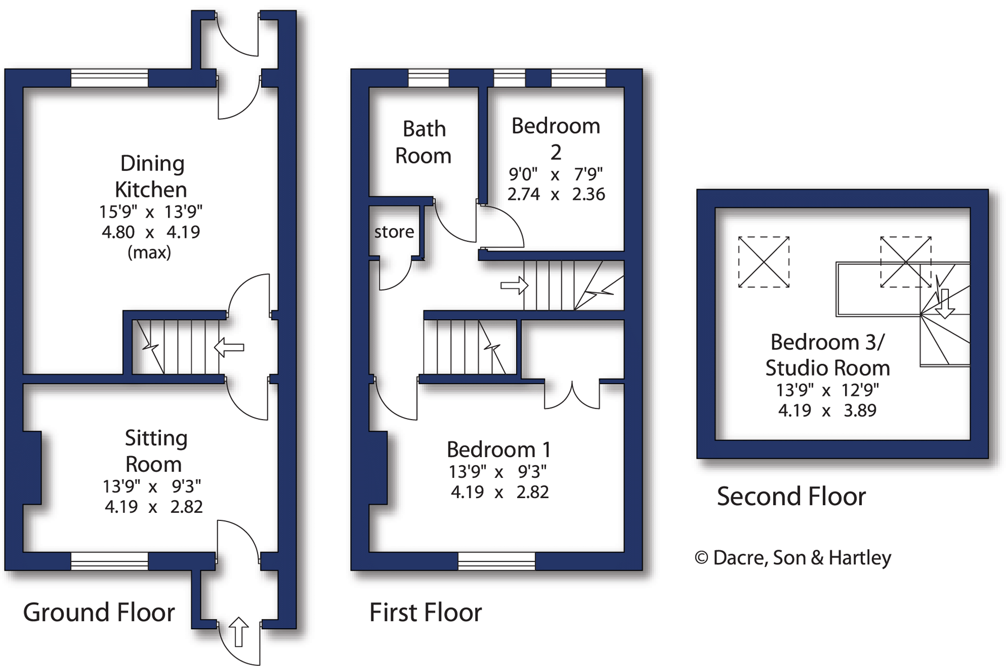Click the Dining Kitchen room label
point(151,177)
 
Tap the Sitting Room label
point(155,451)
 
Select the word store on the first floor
point(394,232)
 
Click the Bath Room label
point(424,142)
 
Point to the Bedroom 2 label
point(556,139)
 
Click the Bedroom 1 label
point(499,449)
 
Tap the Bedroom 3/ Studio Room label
point(827,355)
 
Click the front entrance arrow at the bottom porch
point(238,632)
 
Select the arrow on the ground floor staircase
point(229,347)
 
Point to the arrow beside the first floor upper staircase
point(514,286)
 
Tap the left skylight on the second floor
point(764,262)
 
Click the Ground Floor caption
point(99,612)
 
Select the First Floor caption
point(425,612)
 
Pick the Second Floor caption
point(791,496)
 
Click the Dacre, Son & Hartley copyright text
point(793,558)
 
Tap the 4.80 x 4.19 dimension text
point(151,232)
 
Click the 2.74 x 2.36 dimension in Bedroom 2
point(556,194)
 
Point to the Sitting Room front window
point(109,561)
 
